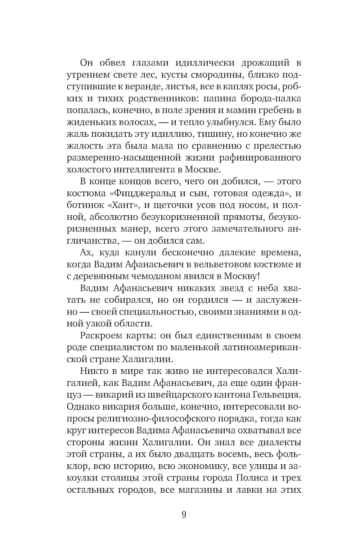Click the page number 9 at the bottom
(184, 514)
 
